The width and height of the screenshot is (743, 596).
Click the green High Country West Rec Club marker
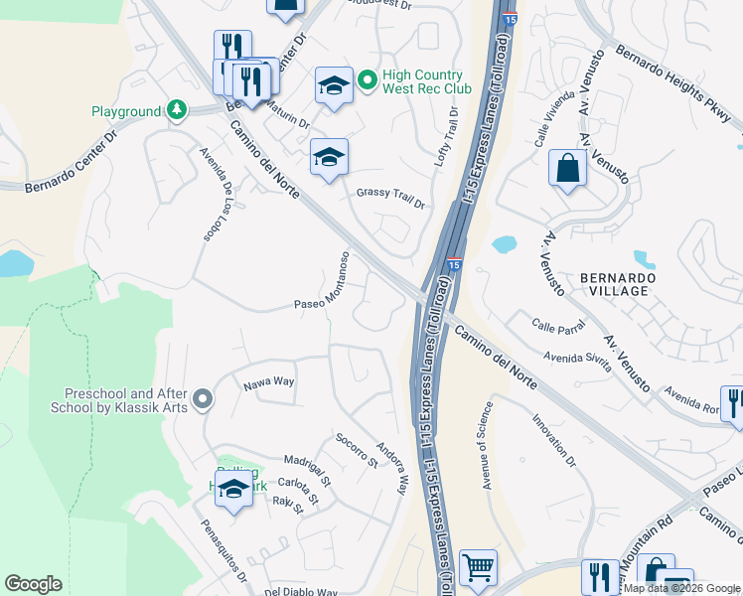pos(366,81)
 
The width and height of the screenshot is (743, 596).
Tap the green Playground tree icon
pos(177,109)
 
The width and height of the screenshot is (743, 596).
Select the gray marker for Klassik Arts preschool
pos(203,399)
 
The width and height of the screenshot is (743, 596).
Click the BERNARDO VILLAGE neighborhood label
pos(604,283)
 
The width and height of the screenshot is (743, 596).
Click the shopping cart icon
pos(478,568)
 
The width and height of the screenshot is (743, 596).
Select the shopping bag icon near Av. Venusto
pos(567,167)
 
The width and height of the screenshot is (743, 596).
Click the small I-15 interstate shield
pos(453,265)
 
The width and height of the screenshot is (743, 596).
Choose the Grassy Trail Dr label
pos(390,197)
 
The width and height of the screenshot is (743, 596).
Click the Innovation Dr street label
pos(555,442)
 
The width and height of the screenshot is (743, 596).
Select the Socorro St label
pos(357,450)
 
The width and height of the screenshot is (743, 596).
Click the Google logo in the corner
pos(33,584)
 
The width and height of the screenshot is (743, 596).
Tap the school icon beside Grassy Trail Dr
pos(329,157)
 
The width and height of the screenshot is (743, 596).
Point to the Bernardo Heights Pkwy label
pos(678,86)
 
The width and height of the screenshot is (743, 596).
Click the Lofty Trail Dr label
pos(446,138)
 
